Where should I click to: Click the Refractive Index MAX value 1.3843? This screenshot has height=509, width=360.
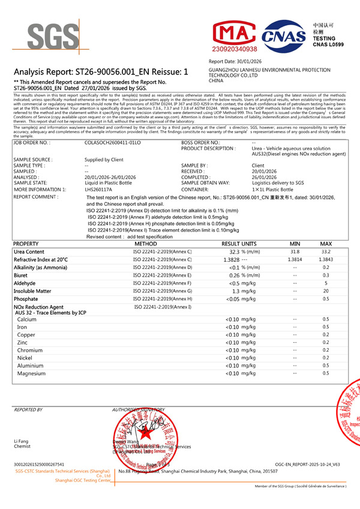pos(326,259)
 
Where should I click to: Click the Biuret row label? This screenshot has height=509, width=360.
pos(21,275)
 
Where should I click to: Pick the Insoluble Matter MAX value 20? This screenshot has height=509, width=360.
pos(326,291)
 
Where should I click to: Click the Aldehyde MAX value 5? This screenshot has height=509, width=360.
pos(326,283)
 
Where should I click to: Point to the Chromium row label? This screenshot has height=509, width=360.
pos(30,350)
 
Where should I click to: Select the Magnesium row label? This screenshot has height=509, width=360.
pos(31,373)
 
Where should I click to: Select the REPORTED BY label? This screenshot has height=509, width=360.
pos(28,409)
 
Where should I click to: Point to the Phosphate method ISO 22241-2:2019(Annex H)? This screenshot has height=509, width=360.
pos(162,298)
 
